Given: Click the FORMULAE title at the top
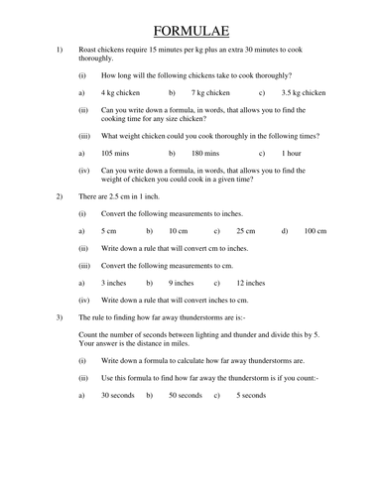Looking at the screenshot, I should [192, 23].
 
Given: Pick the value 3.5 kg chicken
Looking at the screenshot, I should [303, 92].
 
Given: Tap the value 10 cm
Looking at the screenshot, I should [178, 231].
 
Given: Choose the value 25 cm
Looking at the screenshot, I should [245, 231].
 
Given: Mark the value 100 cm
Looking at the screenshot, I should [315, 231].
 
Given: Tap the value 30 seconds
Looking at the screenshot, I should [119, 396].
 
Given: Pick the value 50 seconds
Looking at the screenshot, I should [185, 396].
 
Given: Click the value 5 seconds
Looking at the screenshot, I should [251, 396].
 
